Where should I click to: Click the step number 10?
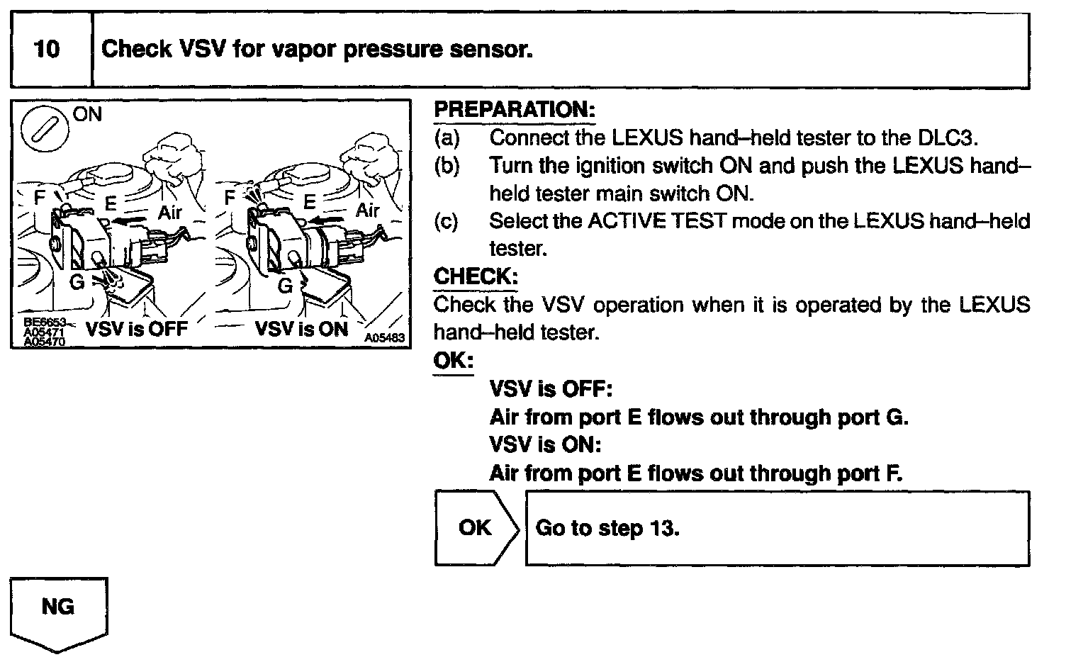click(47, 49)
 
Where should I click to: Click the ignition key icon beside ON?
click(44, 129)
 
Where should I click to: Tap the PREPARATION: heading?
click(515, 109)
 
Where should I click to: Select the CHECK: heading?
click(476, 276)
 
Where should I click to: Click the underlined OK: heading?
click(453, 360)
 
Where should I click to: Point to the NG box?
click(59, 614)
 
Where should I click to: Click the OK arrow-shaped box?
click(476, 528)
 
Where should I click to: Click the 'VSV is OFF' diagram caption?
click(137, 328)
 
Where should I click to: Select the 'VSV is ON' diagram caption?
click(301, 328)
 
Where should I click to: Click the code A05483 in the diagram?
click(385, 337)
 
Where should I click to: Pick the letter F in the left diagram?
click(40, 196)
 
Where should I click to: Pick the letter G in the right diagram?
click(285, 286)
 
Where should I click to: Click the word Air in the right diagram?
click(367, 209)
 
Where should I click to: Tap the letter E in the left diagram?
click(111, 203)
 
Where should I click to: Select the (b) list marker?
click(447, 166)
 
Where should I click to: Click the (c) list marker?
click(447, 221)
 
